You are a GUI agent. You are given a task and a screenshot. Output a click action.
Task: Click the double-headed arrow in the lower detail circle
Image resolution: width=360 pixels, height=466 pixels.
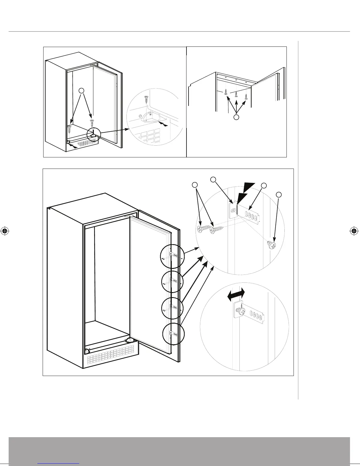click(236, 294)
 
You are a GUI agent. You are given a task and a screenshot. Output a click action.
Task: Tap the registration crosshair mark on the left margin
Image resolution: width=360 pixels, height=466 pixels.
click(4, 231)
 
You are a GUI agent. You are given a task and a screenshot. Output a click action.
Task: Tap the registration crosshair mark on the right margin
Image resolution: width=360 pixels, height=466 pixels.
click(354, 231)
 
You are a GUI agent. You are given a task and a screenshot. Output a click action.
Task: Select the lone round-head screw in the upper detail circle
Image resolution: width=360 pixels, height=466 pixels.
click(271, 245)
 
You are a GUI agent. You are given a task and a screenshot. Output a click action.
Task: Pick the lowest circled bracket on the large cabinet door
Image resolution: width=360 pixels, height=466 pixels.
click(174, 334)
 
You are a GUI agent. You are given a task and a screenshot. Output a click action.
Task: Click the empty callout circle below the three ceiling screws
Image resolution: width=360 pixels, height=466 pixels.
click(236, 117)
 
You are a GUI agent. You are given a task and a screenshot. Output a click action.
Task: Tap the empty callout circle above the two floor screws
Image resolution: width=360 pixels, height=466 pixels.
click(83, 90)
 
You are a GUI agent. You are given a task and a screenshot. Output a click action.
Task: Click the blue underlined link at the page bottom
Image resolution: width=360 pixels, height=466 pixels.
click(58, 463)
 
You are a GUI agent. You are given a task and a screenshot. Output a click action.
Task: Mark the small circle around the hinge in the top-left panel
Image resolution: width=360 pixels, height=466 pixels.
click(94, 134)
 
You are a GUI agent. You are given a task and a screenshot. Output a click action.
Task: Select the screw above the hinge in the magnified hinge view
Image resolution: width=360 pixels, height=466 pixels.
click(146, 99)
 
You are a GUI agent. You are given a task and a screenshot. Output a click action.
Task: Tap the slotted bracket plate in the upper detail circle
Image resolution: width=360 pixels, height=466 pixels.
click(250, 215)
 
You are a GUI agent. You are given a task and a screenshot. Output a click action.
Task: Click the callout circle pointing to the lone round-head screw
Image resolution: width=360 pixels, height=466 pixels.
click(279, 194)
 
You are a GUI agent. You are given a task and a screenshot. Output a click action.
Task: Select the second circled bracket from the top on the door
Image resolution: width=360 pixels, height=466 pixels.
click(172, 282)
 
